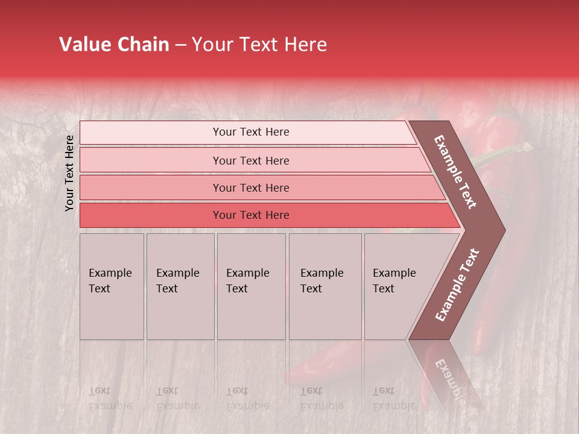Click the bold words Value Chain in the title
click(x=114, y=45)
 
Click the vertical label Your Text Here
click(x=70, y=173)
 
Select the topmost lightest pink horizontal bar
click(x=251, y=132)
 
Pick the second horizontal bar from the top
click(x=251, y=160)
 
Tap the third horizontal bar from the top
click(x=251, y=187)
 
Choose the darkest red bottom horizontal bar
click(x=251, y=215)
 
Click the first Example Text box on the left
click(x=112, y=286)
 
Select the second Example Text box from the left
click(x=180, y=286)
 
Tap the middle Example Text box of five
click(x=250, y=286)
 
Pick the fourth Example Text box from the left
click(x=324, y=286)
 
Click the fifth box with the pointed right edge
click(x=398, y=286)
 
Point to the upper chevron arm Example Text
click(x=456, y=172)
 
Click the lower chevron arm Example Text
click(x=457, y=285)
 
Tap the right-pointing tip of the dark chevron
click(x=502, y=230)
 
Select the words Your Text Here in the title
click(x=259, y=45)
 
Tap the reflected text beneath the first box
click(x=110, y=398)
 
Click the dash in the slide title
click(x=180, y=45)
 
